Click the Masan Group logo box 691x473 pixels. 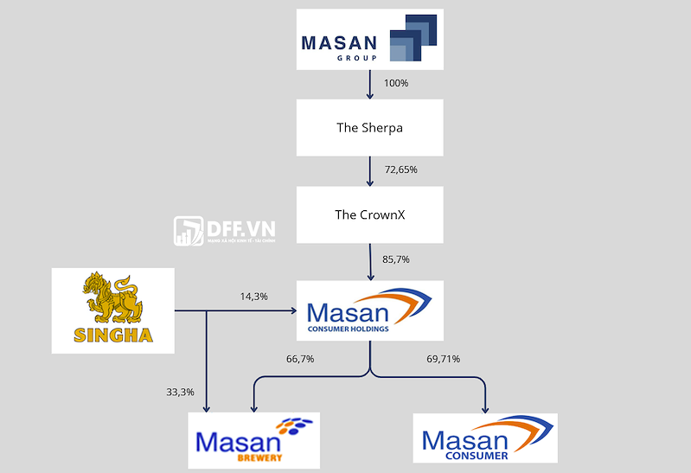pyautogui.click(x=369, y=40)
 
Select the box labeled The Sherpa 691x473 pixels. pyautogui.click(x=369, y=128)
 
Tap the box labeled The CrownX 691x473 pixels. pyautogui.click(x=369, y=214)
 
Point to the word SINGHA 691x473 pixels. pyautogui.click(x=113, y=334)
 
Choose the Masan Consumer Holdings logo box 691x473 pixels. pyautogui.click(x=369, y=310)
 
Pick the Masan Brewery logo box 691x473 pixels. pyautogui.click(x=253, y=440)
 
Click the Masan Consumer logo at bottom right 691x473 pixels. pyautogui.click(x=484, y=438)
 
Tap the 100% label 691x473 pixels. pyautogui.click(x=396, y=84)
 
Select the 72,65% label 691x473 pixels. pyautogui.click(x=401, y=169)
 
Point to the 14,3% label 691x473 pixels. pyautogui.click(x=254, y=297)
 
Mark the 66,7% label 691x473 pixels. pyautogui.click(x=299, y=359)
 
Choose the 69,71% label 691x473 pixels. pyautogui.click(x=444, y=359)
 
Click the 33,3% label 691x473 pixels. pyautogui.click(x=180, y=392)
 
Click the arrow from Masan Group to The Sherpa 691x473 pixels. pyautogui.click(x=370, y=84)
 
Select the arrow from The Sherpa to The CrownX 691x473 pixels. pyautogui.click(x=370, y=171)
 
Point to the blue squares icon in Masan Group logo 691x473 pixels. pyautogui.click(x=413, y=39)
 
